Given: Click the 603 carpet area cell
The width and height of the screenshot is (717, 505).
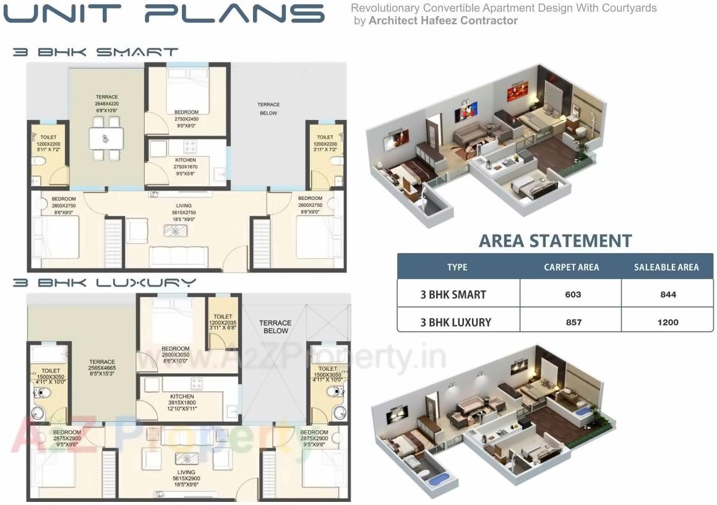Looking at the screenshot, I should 573,295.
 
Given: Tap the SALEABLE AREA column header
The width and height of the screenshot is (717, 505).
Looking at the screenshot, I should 666,267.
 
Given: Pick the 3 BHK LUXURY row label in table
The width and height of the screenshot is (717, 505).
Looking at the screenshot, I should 455,322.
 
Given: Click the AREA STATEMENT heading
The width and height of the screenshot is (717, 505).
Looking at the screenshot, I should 556,241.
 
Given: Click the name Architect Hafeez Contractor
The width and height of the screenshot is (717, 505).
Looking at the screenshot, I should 443,20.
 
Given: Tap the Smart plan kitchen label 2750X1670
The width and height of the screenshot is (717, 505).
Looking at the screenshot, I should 186,167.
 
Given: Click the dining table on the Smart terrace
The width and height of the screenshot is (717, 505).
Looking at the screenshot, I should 106,137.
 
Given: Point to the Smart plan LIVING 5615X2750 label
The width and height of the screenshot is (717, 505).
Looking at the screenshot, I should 184,212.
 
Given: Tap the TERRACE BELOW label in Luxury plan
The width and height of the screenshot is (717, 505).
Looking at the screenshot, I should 275,327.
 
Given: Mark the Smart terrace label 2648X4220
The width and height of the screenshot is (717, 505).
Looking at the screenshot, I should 106,104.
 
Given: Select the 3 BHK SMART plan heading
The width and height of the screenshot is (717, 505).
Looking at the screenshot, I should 95,53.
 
